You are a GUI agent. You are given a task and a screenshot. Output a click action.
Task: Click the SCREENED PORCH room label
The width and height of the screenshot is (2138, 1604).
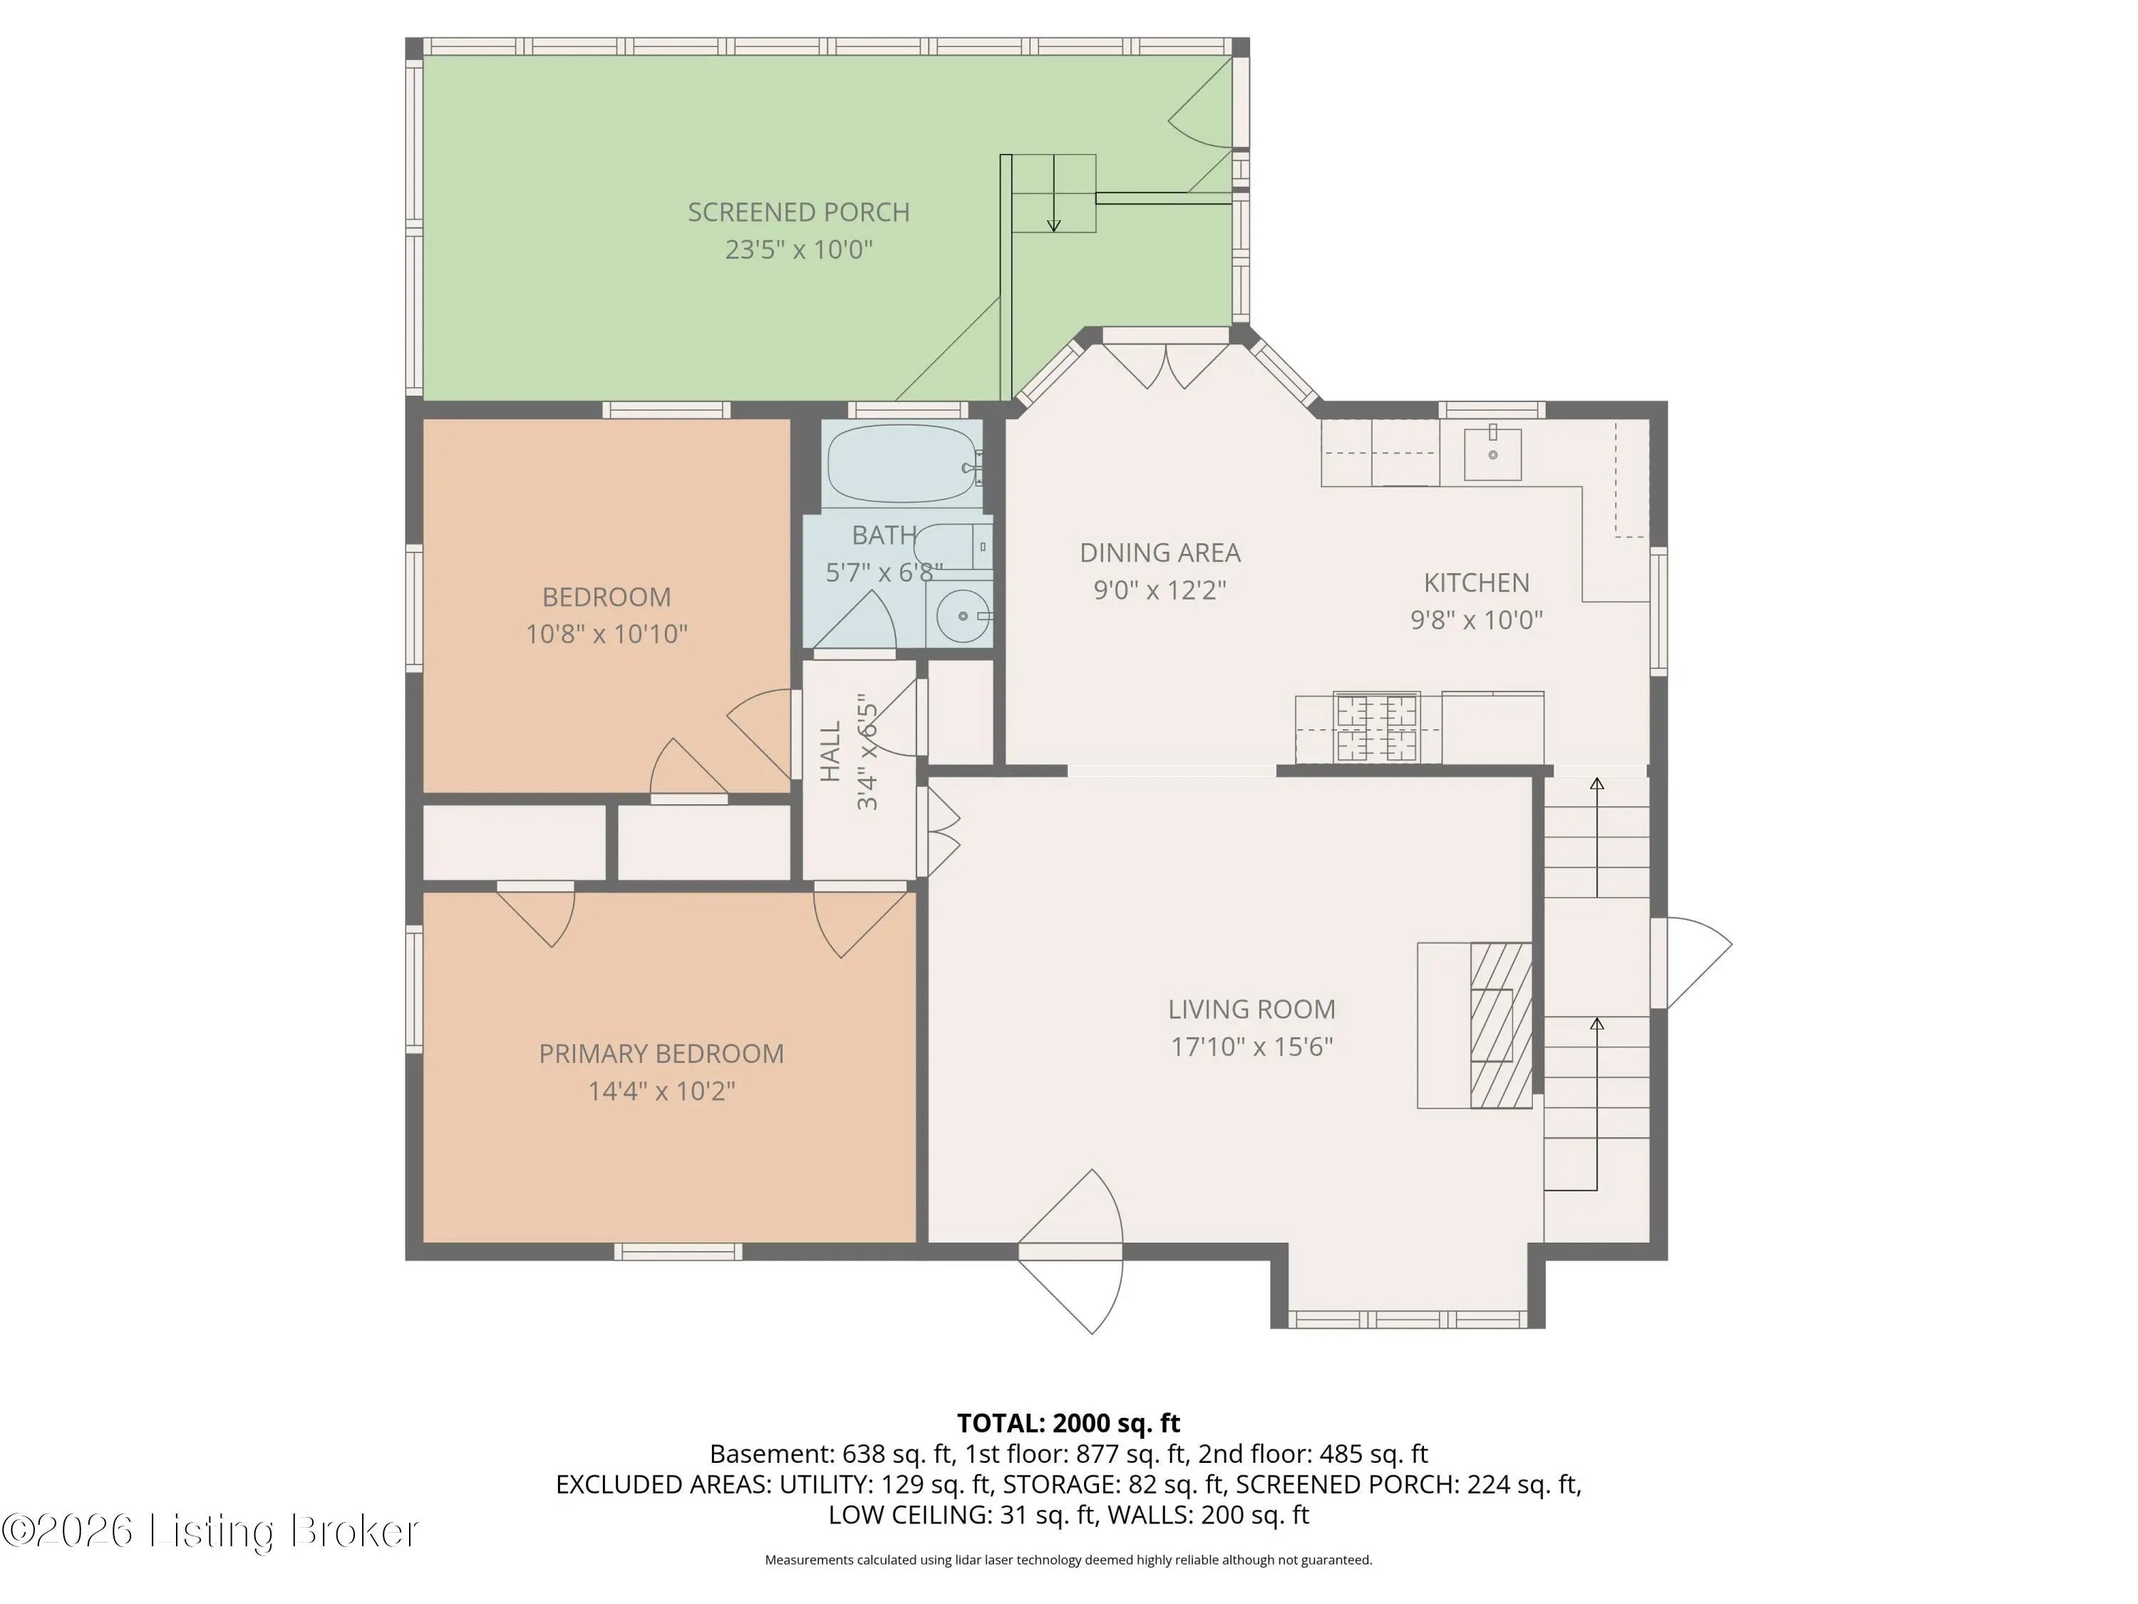pos(798,212)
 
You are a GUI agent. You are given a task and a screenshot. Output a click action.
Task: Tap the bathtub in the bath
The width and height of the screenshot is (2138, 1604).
pos(903,464)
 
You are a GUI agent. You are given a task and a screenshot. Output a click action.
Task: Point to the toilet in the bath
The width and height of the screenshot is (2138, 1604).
pos(953,547)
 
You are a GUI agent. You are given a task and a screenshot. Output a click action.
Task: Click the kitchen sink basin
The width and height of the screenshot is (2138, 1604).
pos(1492,453)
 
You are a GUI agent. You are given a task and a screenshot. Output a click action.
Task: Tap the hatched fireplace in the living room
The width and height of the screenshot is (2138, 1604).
pos(1501,1025)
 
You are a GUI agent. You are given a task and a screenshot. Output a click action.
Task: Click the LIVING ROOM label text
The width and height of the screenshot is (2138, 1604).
pos(1251,1009)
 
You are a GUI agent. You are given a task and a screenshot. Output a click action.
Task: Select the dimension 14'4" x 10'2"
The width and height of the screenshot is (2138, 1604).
pos(662,1091)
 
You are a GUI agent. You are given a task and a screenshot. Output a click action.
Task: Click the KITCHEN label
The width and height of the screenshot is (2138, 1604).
pos(1476,583)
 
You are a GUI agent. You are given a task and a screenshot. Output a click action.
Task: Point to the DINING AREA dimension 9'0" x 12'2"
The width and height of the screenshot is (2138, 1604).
pos(1160,590)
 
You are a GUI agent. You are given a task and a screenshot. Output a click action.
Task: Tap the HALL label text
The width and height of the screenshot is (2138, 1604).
pos(831,751)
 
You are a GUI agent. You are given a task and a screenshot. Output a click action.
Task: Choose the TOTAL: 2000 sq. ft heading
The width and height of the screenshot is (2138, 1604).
pos(1068,1423)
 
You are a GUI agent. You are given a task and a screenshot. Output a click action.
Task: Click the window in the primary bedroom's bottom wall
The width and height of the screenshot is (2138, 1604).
pos(678,1252)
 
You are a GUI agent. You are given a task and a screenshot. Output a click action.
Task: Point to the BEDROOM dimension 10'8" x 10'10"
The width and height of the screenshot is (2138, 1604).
pos(606,634)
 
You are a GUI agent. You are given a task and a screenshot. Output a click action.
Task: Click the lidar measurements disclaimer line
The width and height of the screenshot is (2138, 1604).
pos(1068,1560)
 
